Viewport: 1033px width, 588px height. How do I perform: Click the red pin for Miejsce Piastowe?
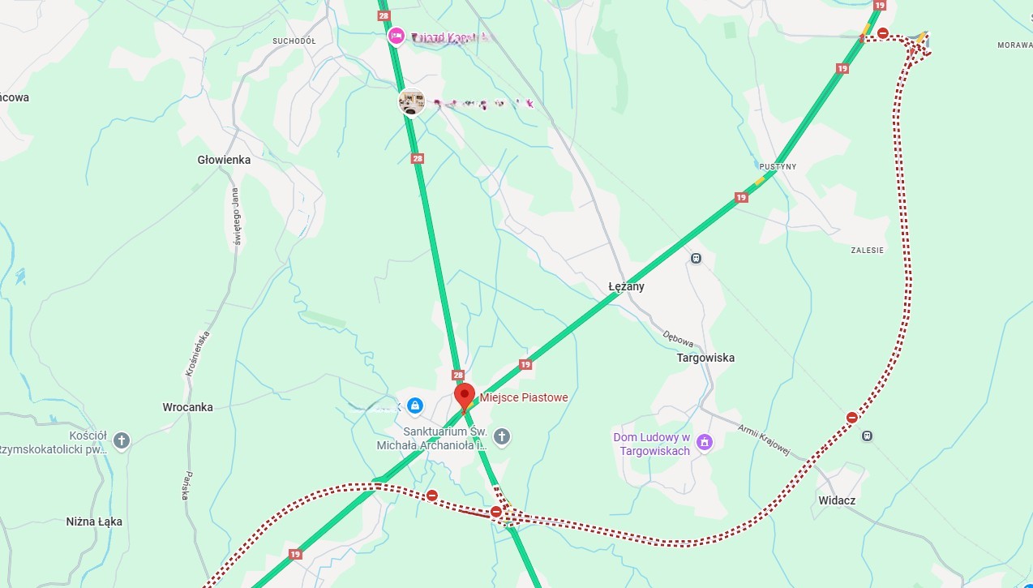[x=465, y=397]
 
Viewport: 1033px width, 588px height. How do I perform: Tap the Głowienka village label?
[x=224, y=160]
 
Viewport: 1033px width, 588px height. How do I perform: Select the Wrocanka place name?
[x=187, y=407]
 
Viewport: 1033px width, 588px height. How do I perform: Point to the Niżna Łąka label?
[x=94, y=521]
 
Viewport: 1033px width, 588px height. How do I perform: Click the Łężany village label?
[x=627, y=286]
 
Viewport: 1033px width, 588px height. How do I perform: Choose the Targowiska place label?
[x=705, y=358]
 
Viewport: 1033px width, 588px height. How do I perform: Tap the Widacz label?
[x=837, y=500]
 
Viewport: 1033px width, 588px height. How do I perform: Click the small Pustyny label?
[x=778, y=166]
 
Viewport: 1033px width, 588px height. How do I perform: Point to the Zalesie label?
[x=868, y=250]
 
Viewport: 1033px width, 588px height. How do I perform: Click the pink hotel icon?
[x=396, y=36]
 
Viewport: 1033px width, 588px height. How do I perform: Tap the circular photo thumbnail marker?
[x=412, y=103]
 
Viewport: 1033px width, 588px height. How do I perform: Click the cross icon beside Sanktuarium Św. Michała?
[x=502, y=437]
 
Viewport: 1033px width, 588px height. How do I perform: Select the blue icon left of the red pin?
[x=414, y=405]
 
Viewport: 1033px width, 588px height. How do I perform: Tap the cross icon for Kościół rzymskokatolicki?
[x=122, y=440]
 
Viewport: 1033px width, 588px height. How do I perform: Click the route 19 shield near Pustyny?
[x=740, y=197]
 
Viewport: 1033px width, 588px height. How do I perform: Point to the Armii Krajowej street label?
[x=763, y=439]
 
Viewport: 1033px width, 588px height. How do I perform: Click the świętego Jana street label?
[x=236, y=216]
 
